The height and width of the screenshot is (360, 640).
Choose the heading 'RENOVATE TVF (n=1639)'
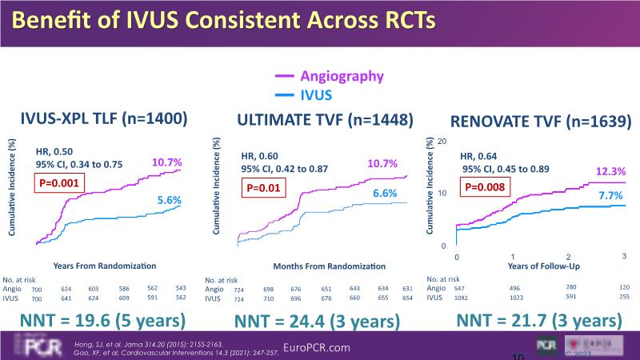[x=542, y=122]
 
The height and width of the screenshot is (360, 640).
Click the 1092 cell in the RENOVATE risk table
[x=458, y=297]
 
